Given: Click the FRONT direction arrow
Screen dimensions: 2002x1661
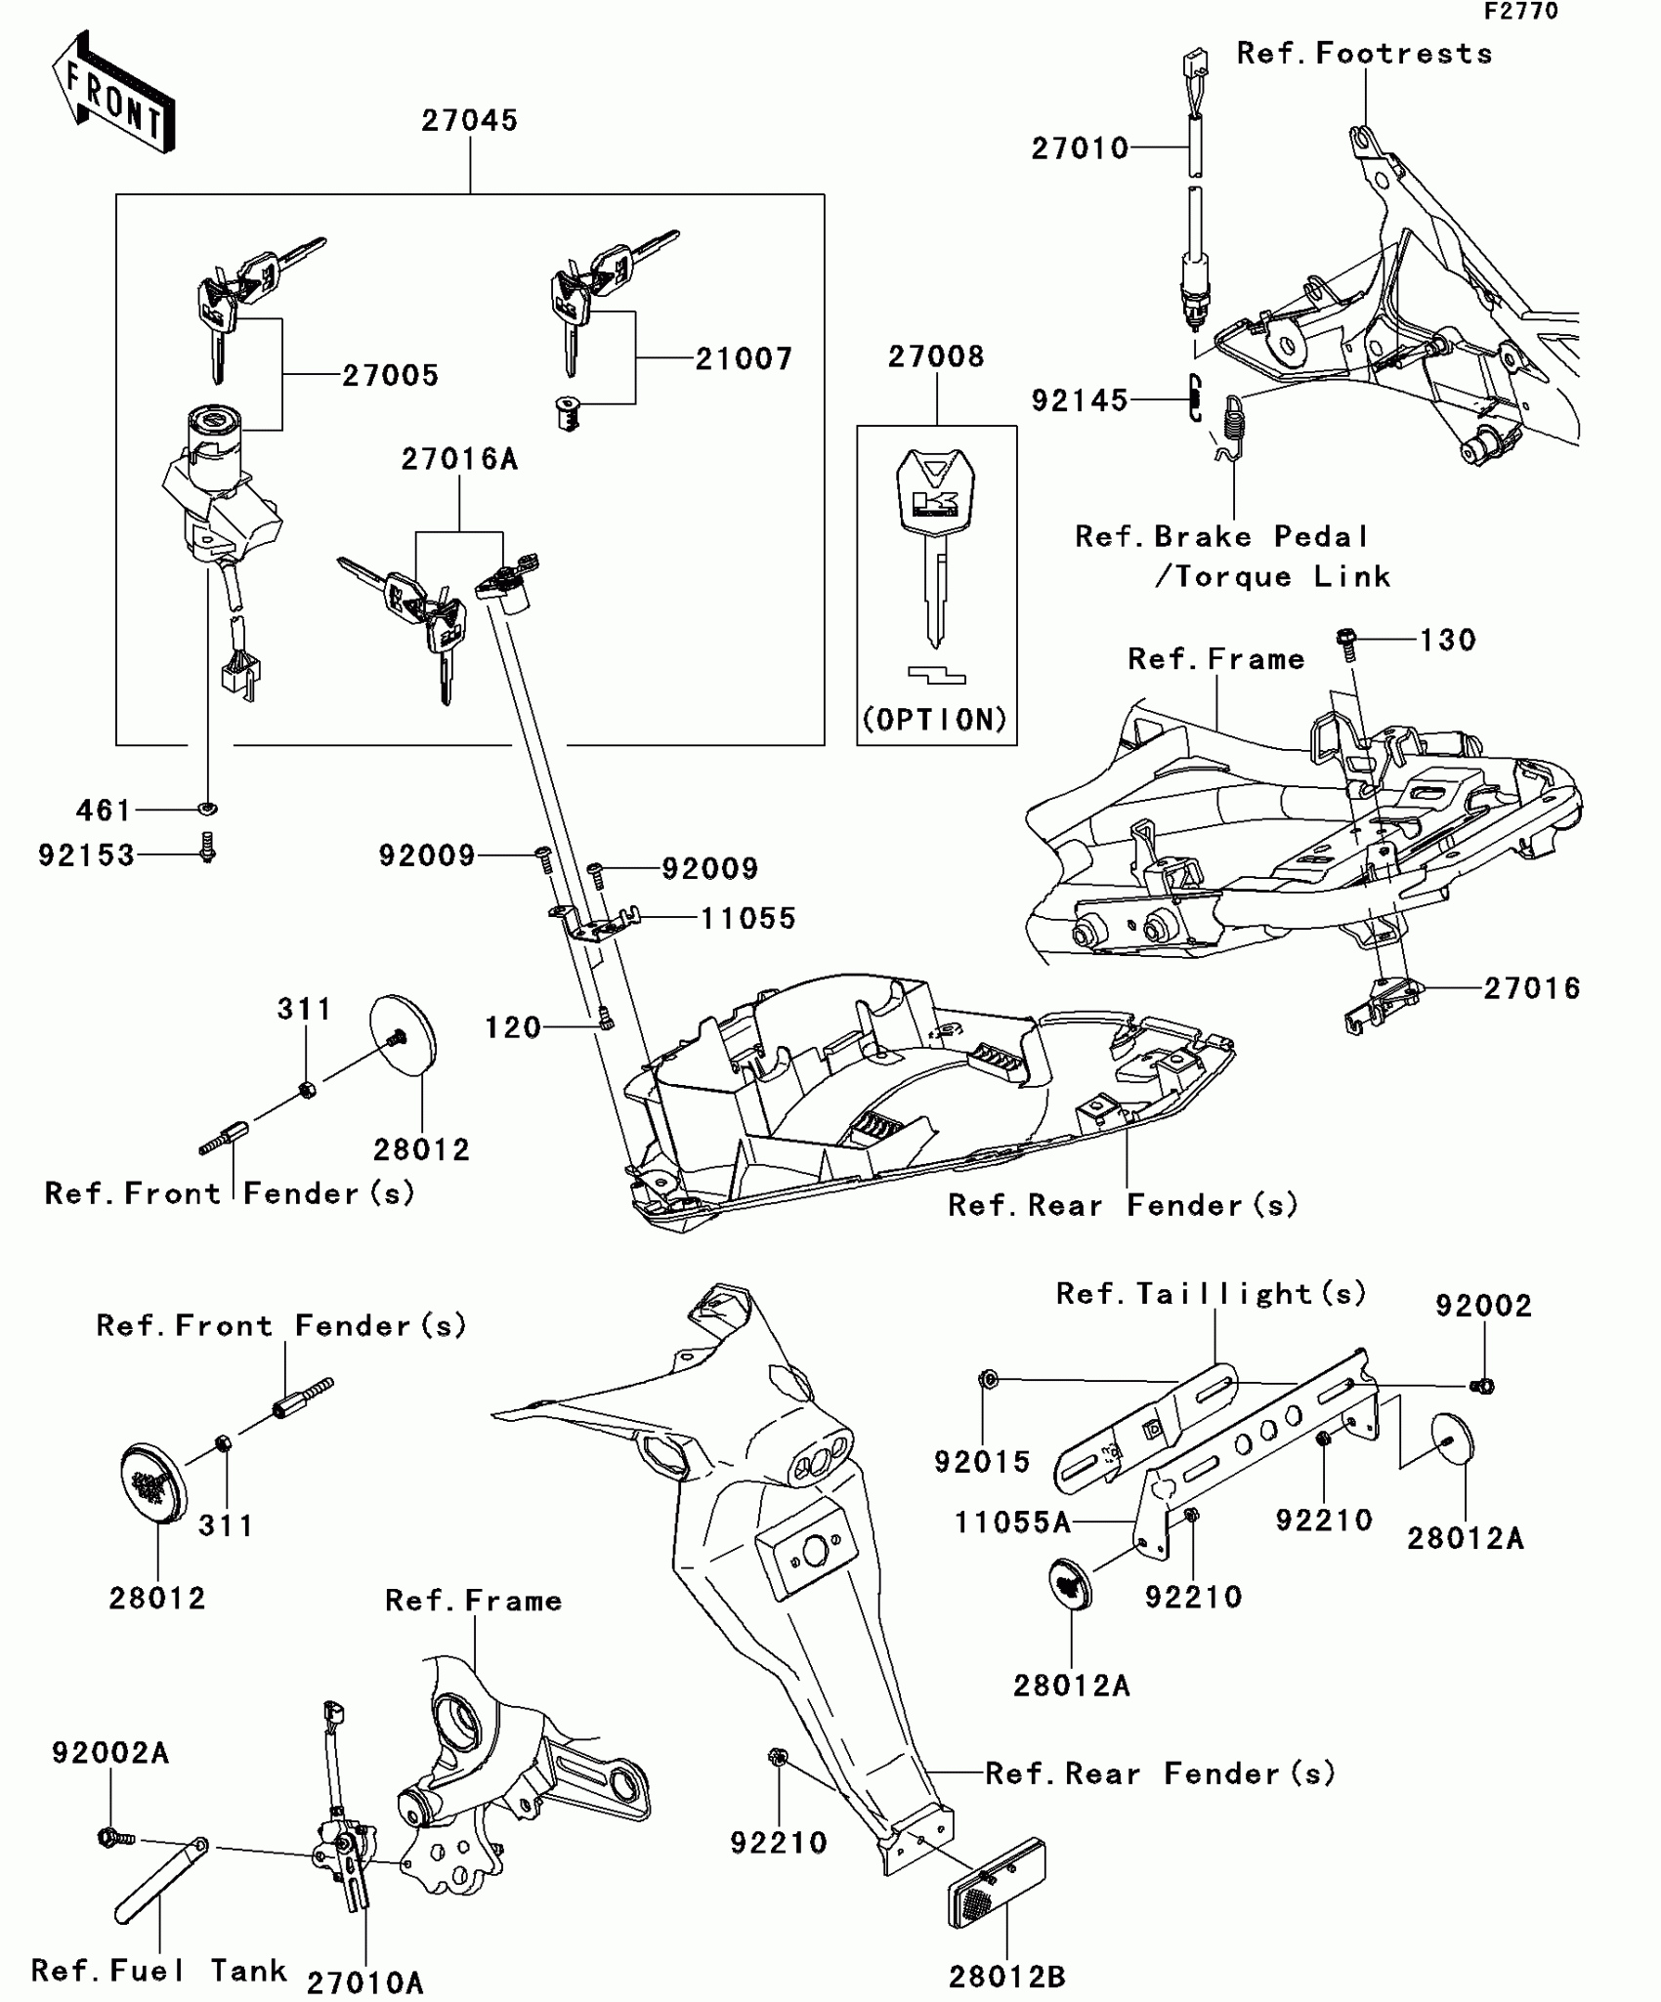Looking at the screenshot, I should (113, 94).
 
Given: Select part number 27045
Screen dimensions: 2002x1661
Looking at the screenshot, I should (469, 120).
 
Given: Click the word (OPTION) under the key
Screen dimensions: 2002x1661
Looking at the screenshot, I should (935, 720).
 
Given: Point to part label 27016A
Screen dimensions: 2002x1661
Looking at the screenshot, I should (458, 459).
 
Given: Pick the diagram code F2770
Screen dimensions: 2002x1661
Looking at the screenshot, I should (1521, 12).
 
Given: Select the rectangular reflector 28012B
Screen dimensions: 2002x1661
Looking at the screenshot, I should (997, 1884).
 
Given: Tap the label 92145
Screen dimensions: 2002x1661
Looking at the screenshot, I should (1080, 400).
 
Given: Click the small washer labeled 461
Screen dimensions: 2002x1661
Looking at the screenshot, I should (207, 809).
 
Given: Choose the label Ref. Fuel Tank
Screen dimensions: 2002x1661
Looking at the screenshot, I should (158, 1971).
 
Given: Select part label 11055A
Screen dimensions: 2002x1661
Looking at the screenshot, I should (1012, 1522).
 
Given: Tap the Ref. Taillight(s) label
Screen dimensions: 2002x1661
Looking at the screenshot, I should (1211, 1294).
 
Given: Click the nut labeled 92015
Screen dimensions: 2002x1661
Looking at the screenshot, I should (988, 1380).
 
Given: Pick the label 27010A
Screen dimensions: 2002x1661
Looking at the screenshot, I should (364, 1982).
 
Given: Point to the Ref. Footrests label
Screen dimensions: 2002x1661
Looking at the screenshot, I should (1364, 54).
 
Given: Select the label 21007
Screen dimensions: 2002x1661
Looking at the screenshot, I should (744, 359).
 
